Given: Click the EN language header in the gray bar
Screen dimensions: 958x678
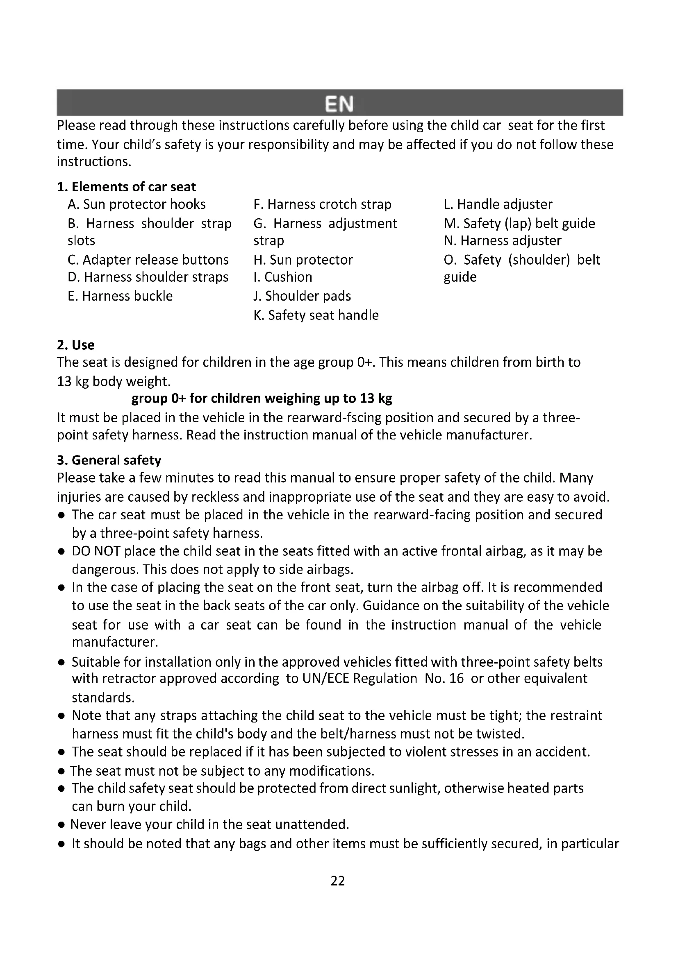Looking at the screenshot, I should coord(339,104).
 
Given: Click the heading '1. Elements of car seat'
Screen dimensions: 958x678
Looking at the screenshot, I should coord(126,186).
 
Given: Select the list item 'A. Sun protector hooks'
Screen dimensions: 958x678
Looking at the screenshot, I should coord(137,204).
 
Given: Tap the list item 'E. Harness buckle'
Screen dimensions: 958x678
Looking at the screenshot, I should coord(120,296).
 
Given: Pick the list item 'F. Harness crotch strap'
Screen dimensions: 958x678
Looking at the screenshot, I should coord(322,204).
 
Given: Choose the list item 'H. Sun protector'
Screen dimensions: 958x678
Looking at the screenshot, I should coord(303,260).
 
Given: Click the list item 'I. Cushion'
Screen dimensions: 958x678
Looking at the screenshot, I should coord(283,277).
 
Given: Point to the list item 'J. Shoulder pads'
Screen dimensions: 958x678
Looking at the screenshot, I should coord(302,296).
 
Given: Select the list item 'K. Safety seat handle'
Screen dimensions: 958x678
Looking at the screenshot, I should coord(316,315).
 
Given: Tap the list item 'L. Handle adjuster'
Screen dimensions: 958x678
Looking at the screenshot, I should coord(498,204).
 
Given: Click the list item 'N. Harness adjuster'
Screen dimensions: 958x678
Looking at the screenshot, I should coord(502,240).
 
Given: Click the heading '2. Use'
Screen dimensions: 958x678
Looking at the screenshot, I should coord(75,344).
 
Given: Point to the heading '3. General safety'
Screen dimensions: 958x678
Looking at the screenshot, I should coord(109,460).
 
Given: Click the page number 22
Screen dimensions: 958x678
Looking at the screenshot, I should coord(338,881).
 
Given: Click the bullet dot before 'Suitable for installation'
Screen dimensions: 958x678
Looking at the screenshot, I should coord(61,662).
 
